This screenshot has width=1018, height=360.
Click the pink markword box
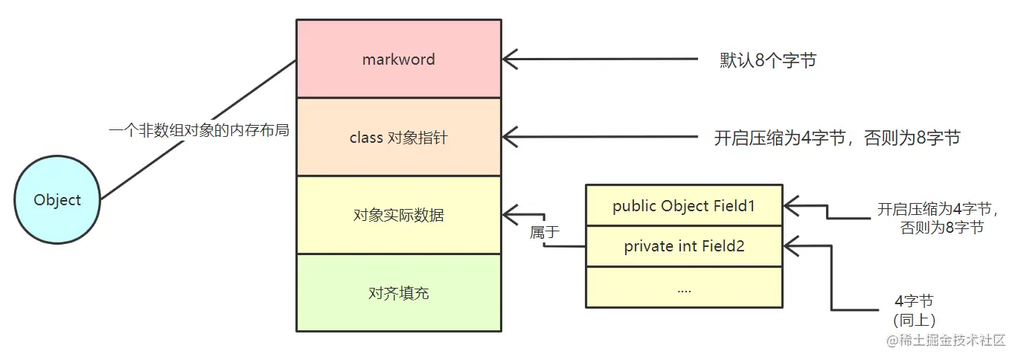398,59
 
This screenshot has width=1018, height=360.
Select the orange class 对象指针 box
398,138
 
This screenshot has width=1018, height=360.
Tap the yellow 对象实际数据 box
398,216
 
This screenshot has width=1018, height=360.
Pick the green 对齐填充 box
398,293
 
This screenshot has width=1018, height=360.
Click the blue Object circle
57,199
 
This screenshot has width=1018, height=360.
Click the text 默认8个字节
767,60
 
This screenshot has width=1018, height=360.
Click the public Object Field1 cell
683,206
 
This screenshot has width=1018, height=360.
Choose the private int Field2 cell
683,246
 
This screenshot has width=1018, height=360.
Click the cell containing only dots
683,288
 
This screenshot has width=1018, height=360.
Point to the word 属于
544,232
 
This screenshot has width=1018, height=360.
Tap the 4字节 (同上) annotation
914,310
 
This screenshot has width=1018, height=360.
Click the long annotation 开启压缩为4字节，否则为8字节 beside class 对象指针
837,138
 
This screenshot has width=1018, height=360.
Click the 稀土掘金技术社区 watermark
944,340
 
